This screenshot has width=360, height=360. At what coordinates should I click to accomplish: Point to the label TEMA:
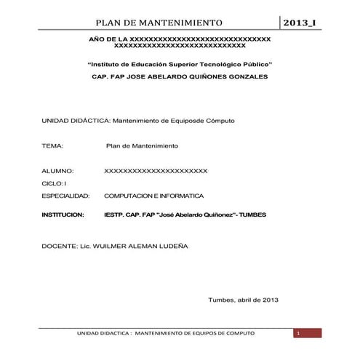click(53, 146)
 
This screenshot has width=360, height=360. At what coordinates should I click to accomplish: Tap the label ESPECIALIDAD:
click(65, 196)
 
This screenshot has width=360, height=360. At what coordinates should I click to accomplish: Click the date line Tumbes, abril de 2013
click(243, 300)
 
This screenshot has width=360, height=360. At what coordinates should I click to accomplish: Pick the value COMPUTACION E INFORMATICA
click(154, 196)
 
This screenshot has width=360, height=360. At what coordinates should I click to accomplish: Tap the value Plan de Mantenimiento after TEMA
click(142, 146)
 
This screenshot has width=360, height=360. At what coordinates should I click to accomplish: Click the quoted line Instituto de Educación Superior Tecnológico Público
click(180, 64)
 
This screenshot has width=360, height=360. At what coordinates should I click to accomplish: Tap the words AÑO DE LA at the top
click(107, 38)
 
